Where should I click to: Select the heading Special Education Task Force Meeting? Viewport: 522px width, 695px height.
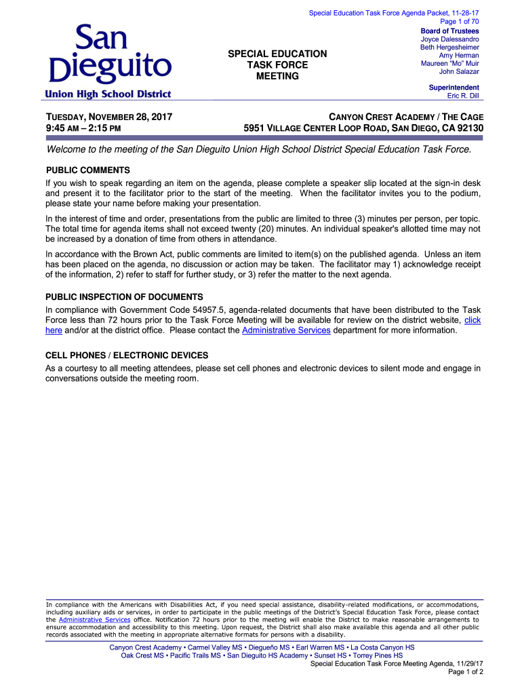point(277,64)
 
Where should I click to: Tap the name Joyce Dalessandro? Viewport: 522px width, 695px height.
point(450,39)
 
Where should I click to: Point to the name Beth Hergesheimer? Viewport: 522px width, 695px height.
point(449,48)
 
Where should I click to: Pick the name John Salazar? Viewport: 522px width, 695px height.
point(459,71)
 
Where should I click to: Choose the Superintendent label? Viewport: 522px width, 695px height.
point(454,88)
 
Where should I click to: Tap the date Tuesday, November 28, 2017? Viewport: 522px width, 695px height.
point(108,117)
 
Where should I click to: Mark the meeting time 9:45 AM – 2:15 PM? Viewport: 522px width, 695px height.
point(83,128)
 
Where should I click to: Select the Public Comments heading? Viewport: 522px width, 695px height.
point(87,170)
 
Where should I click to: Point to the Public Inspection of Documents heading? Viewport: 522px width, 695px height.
point(124,297)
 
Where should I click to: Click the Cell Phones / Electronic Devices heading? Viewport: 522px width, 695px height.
point(127,356)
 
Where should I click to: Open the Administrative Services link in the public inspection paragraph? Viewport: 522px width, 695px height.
point(286,331)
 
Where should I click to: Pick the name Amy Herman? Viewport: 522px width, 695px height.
point(459,56)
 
